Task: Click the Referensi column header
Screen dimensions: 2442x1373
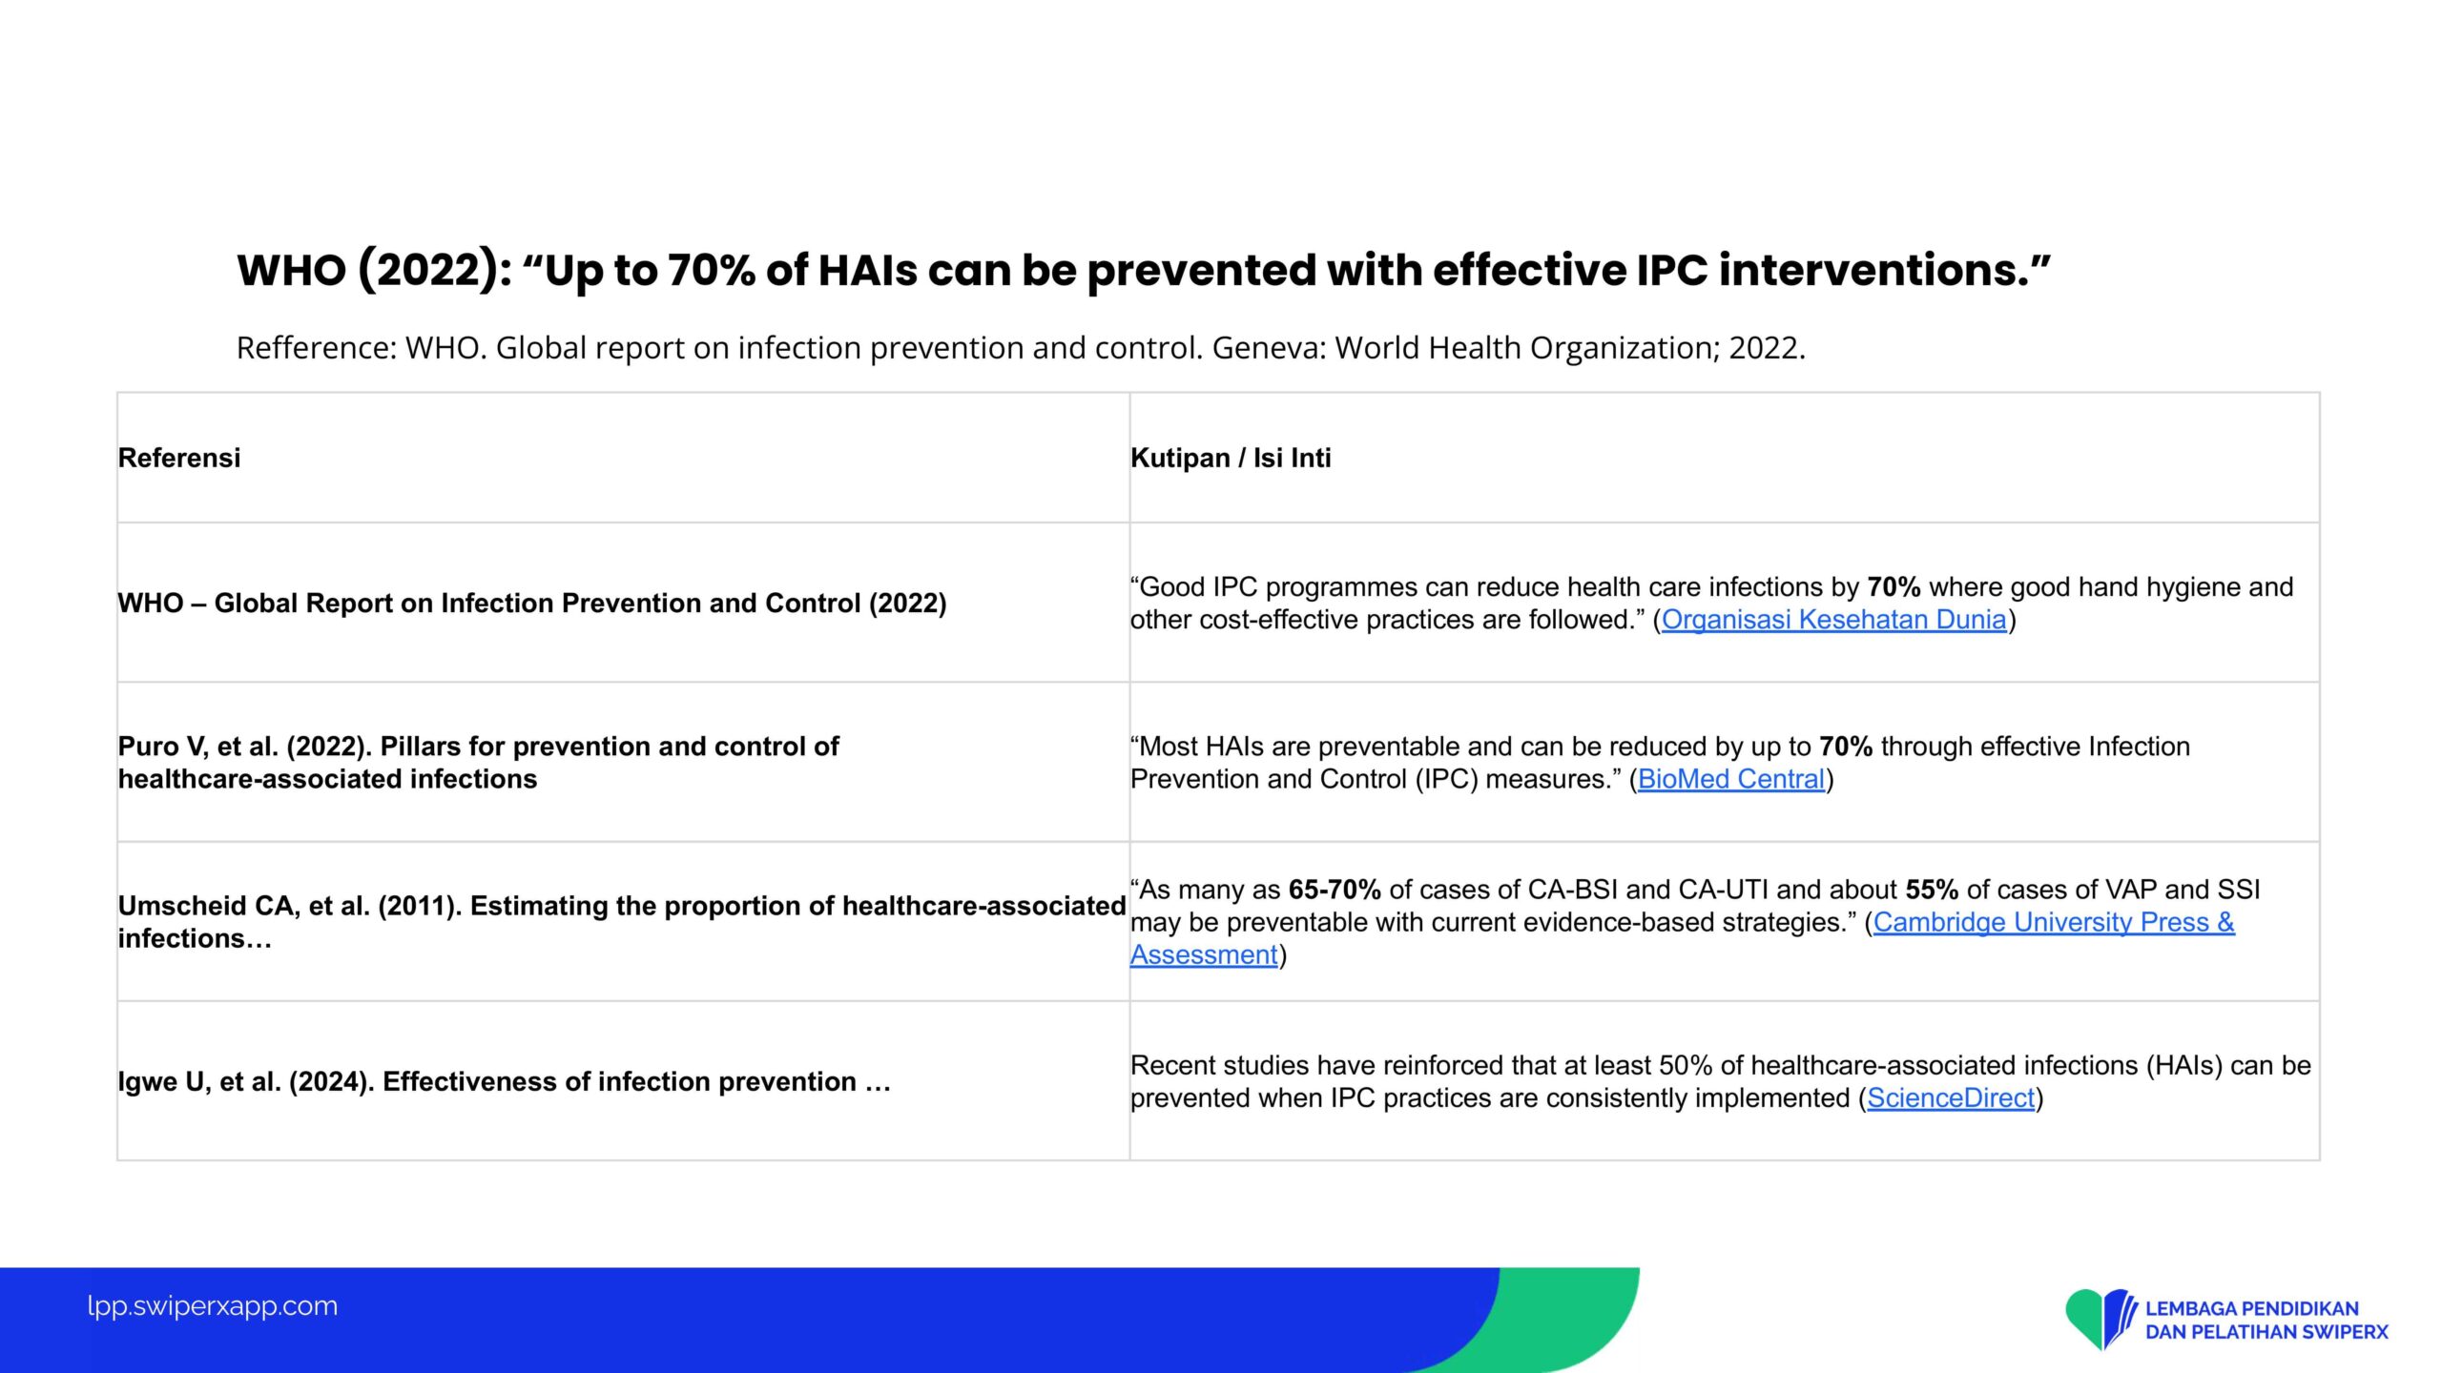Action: [x=179, y=458]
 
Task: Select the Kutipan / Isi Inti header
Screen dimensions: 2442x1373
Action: [x=1231, y=458]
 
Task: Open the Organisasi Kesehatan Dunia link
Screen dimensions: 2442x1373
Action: [x=1833, y=620]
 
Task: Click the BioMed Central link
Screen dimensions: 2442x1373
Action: [x=1731, y=779]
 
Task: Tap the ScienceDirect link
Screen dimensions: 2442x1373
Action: [x=1951, y=1097]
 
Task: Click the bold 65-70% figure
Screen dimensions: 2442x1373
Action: [x=1335, y=890]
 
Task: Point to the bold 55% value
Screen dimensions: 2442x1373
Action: [x=1932, y=890]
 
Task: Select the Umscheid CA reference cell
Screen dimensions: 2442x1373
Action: [x=622, y=922]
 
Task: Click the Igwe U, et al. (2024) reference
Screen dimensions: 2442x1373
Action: [x=504, y=1081]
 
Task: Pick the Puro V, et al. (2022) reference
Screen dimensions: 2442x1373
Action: [x=478, y=763]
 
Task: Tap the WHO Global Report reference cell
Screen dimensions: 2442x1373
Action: [x=532, y=604]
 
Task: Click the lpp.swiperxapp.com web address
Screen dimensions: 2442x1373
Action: [x=212, y=1305]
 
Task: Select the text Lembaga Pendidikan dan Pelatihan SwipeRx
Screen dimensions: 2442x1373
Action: [x=2266, y=1320]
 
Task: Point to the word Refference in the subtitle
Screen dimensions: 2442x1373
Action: [x=316, y=348]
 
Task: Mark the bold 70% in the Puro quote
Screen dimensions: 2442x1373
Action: [x=1846, y=747]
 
